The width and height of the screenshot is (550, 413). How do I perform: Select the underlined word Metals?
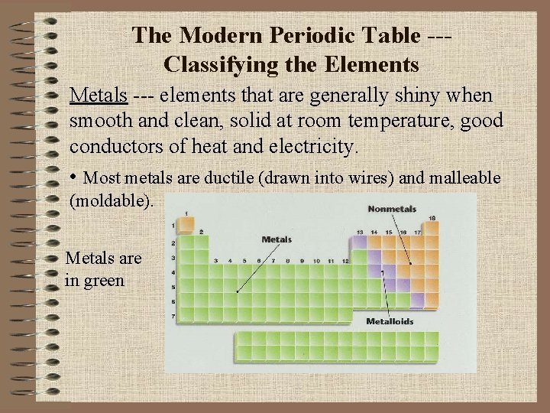[98, 97]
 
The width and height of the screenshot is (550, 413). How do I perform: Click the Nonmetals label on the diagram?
[392, 209]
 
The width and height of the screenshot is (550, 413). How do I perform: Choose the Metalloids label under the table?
[390, 321]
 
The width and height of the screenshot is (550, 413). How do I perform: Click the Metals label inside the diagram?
[277, 239]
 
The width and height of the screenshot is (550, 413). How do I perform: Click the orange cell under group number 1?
[183, 227]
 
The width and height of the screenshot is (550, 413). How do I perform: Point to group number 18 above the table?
[432, 218]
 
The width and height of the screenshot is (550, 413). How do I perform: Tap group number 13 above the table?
[359, 231]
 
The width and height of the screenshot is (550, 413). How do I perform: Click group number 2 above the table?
[200, 231]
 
